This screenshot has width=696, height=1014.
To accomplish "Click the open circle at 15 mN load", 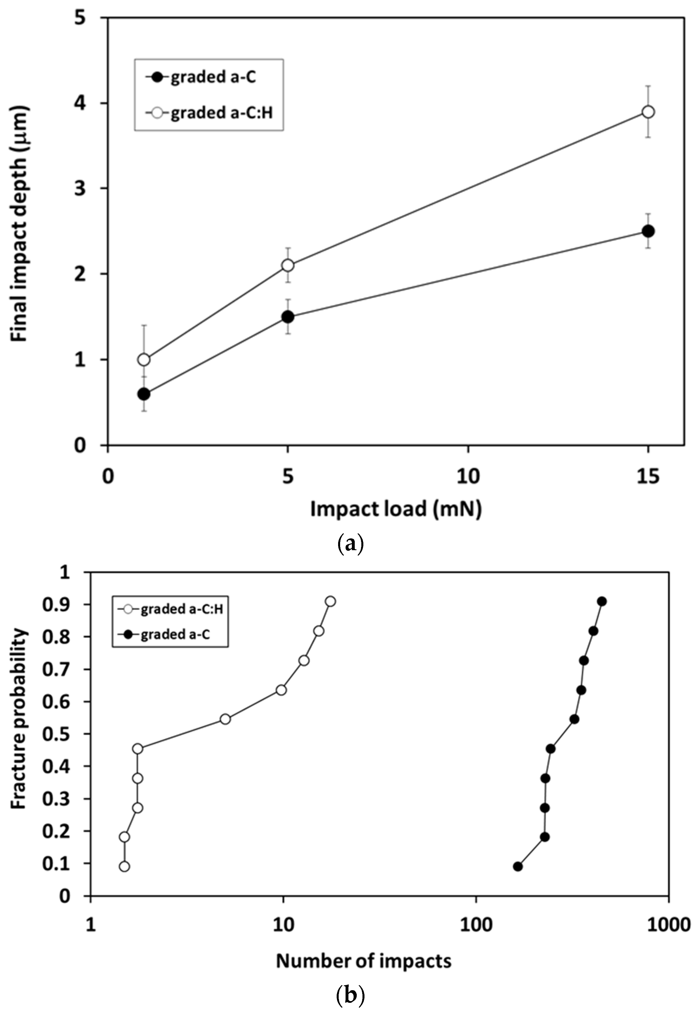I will pos(648,112).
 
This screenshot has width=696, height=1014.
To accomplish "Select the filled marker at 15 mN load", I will pos(648,231).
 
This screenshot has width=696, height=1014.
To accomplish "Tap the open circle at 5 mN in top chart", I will pos(287,265).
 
